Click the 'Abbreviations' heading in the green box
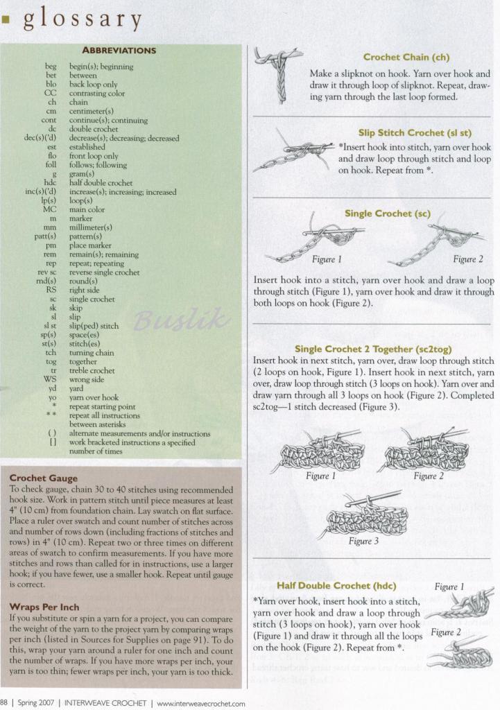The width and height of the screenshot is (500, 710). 119,50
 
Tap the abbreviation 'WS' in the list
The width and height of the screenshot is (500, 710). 50,379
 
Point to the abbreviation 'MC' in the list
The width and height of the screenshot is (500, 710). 49,209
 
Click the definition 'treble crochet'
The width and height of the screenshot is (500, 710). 92,370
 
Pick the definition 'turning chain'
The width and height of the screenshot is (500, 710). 92,352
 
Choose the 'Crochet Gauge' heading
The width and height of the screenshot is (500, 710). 44,478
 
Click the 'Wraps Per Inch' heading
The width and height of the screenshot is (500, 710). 44,607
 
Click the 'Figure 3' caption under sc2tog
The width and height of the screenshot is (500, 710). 363,541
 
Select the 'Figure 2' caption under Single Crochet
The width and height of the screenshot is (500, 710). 468,259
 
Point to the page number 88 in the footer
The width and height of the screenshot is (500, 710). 4,703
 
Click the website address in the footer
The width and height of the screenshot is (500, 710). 201,703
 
